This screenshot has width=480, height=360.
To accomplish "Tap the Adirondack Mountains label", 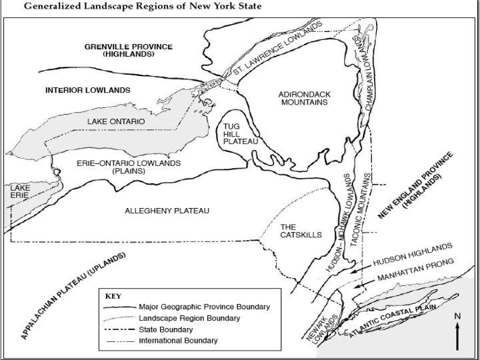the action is coord(303,98).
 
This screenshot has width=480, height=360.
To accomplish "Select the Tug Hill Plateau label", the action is coord(236,133).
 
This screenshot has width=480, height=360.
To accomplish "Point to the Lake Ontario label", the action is coord(116,121).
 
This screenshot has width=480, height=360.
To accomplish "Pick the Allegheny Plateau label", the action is coord(167,211).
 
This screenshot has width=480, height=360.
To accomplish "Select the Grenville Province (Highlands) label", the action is coord(129,50).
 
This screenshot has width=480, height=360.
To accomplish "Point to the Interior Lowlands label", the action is coord(87,89).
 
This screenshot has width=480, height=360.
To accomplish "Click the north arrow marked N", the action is coord(457,330).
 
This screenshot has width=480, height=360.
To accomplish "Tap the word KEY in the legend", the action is coord(115,295).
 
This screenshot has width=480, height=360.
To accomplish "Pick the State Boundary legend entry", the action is coord(167,329).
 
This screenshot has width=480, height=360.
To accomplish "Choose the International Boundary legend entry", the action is coord(177,341).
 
